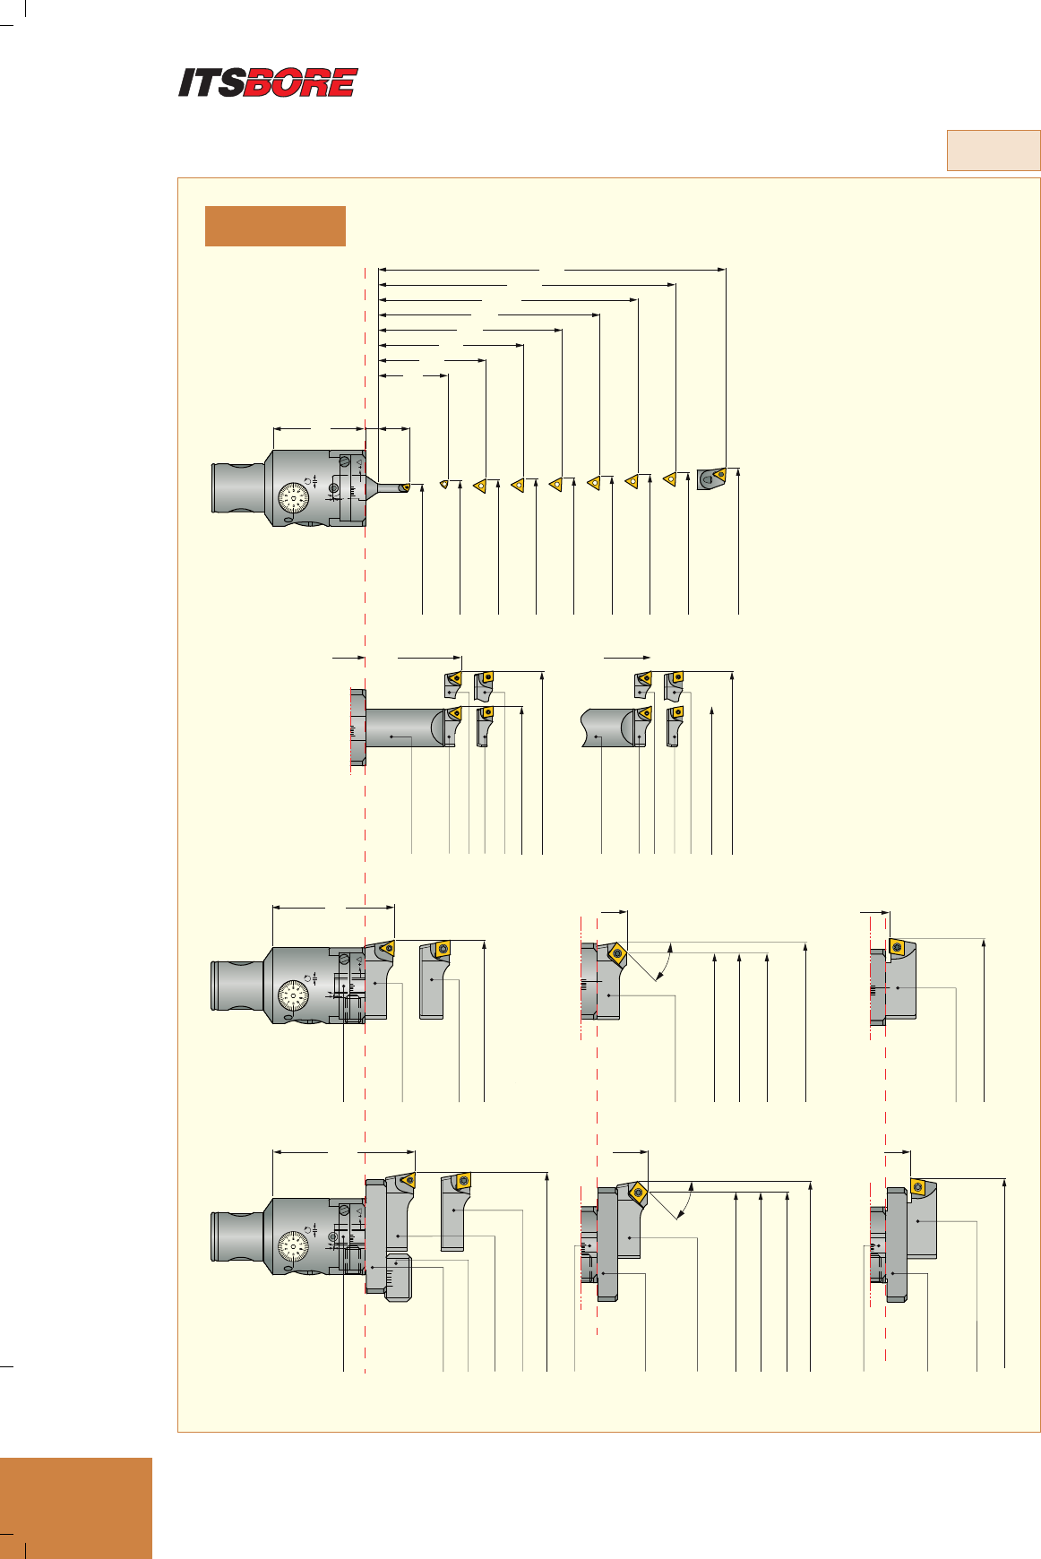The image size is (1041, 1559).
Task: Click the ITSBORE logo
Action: click(x=268, y=82)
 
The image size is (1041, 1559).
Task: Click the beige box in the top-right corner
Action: click(x=994, y=151)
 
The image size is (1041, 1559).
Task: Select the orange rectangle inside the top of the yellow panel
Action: click(x=275, y=226)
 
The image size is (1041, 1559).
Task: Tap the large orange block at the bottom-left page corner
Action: click(x=76, y=1507)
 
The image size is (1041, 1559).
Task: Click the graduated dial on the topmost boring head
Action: click(x=294, y=498)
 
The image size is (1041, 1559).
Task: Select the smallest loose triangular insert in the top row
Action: click(x=443, y=484)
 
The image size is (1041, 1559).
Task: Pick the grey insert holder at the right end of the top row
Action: click(x=711, y=478)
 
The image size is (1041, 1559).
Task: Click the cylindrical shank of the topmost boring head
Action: click(x=237, y=488)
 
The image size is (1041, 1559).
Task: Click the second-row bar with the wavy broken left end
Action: click(x=609, y=727)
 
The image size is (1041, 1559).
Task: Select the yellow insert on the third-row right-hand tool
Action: click(x=897, y=946)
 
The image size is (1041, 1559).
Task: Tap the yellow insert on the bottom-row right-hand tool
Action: click(x=918, y=1187)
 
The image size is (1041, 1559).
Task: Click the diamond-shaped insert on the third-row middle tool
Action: click(x=616, y=953)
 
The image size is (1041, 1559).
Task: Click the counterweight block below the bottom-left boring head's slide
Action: click(x=398, y=1278)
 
